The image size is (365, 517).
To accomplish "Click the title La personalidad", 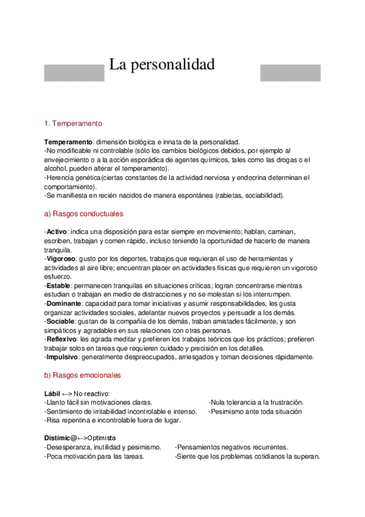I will tap(162, 65).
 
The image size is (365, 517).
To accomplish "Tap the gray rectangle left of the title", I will tap(74, 73).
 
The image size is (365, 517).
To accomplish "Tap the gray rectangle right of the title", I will tap(290, 73).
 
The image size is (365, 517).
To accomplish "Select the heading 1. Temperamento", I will tap(74, 123).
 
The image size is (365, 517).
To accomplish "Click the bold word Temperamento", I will tap(68, 141).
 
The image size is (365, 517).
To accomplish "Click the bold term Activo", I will tap(57, 232).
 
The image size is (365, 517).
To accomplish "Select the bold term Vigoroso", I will tap(61, 258).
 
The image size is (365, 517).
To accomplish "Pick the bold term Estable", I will tap(58, 285).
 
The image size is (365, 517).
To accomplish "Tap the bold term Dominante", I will tap(64, 303).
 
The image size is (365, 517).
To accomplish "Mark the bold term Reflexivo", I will tap(62, 339).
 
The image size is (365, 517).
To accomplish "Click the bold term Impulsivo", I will tap(62, 357).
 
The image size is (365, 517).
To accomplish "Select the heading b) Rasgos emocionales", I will tap(83, 376).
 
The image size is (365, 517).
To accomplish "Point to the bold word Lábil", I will tap(52, 394).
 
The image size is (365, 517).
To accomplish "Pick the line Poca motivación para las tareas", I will tap(94, 456).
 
